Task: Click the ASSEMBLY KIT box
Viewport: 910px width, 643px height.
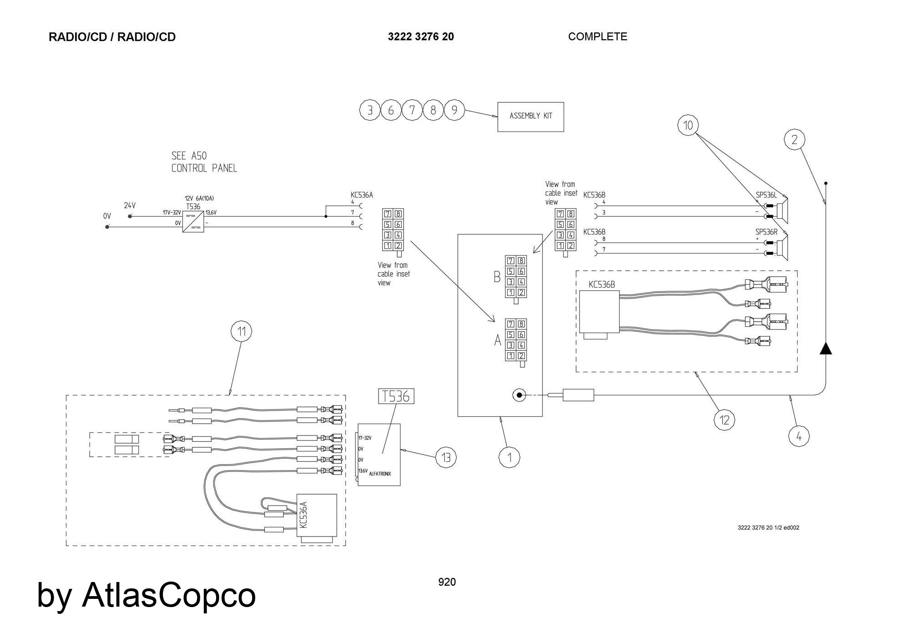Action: point(531,116)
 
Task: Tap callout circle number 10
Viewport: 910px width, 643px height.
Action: point(688,125)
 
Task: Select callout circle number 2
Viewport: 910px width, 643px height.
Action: point(794,140)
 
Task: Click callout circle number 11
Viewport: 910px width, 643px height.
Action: point(242,331)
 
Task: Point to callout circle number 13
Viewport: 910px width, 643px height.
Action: point(446,457)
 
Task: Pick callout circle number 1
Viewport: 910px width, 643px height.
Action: point(509,457)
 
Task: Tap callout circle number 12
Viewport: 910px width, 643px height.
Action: point(724,420)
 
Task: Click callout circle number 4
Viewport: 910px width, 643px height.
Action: point(799,437)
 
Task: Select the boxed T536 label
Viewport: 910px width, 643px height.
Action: point(396,396)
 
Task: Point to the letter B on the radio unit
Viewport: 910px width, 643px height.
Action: point(497,277)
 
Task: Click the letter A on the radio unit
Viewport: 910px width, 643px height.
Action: point(498,340)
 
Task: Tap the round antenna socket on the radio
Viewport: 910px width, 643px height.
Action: point(519,395)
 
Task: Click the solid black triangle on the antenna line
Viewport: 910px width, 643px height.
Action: point(826,349)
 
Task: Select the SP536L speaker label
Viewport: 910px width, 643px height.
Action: point(766,195)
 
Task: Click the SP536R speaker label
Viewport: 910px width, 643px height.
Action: point(766,232)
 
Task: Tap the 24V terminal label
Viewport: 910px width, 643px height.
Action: point(130,206)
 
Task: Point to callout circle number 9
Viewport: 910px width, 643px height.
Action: point(454,110)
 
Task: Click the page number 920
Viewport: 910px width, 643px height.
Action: point(447,582)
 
